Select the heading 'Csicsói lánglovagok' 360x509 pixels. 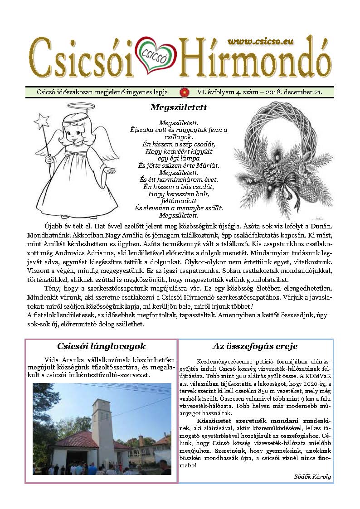[102, 347]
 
